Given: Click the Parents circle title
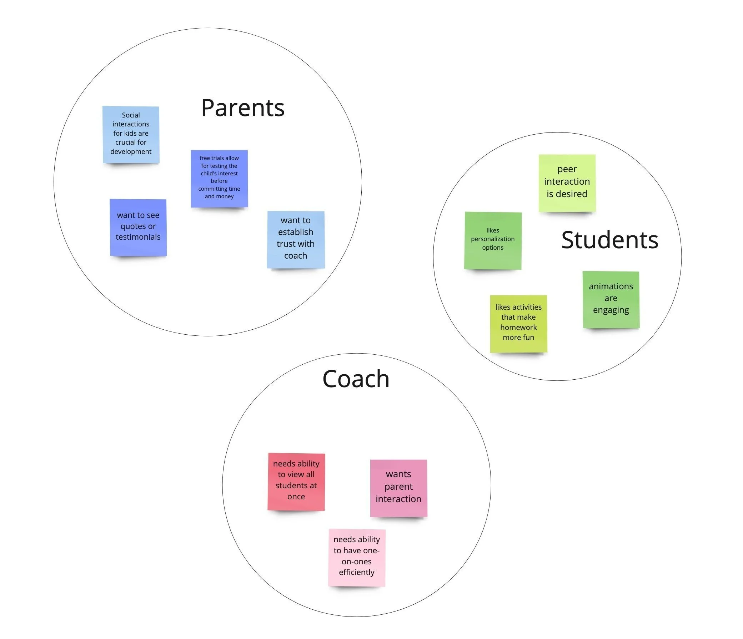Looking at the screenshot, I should [x=242, y=108].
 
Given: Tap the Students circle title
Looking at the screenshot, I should [x=609, y=240].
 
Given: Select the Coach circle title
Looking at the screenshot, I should [x=356, y=379].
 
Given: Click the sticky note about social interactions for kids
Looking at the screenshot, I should [x=131, y=135].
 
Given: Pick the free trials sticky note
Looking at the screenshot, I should [x=219, y=178].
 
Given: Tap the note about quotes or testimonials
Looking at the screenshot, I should [x=138, y=227].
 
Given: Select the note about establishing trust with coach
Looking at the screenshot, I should [x=296, y=239].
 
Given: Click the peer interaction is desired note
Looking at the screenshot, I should [x=567, y=183].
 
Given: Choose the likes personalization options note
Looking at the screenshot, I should [x=493, y=240].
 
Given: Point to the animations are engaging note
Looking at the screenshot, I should [x=611, y=299].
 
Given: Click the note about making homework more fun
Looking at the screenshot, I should [x=518, y=323].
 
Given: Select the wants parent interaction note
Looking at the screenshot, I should [x=398, y=488].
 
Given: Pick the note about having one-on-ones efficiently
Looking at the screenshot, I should [x=357, y=557].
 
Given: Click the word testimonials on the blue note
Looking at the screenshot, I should [x=138, y=237].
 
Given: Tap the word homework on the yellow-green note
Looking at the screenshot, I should [x=518, y=327].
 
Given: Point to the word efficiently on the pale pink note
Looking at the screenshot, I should [x=357, y=572].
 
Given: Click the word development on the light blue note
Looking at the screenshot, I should [x=131, y=151].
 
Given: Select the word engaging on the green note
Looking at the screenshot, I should [x=611, y=310].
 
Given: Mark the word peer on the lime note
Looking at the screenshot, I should [x=567, y=169].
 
